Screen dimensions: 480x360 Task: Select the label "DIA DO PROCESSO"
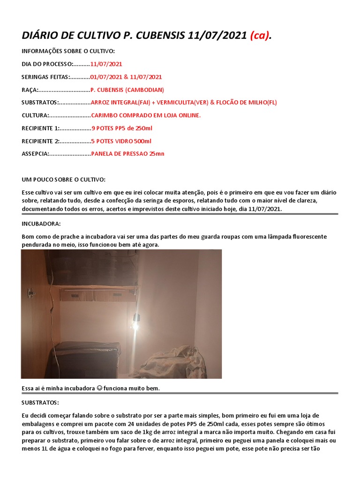coord(47,64)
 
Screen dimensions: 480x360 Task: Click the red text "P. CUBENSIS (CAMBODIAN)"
coord(127,90)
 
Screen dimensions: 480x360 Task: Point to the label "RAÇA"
coord(30,90)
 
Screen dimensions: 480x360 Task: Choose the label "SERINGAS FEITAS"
coord(45,77)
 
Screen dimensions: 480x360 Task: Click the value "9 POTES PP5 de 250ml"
coord(122,128)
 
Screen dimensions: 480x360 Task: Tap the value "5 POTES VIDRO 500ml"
coord(121,141)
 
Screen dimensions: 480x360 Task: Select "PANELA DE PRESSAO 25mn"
coord(127,154)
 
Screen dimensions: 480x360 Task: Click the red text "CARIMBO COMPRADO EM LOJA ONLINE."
coord(146,115)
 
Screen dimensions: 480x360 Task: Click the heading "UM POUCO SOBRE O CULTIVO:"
coord(64,180)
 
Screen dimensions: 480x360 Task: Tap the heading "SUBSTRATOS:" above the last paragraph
coord(41,402)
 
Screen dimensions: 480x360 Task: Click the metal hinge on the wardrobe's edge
coord(31,292)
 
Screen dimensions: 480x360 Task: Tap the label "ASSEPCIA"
coord(35,154)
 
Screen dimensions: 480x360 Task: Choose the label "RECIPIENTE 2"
coord(41,141)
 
